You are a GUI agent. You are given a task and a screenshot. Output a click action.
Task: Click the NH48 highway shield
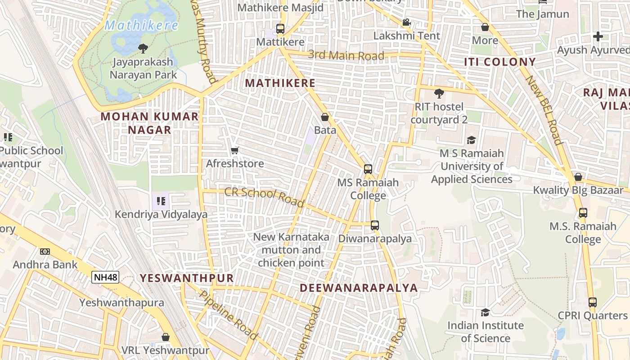tap(106, 277)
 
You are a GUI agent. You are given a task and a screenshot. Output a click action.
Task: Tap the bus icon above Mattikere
tap(280, 29)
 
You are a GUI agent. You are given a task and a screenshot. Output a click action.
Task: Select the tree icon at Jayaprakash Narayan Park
tap(143, 48)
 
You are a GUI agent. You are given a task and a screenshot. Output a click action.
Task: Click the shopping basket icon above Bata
tap(325, 117)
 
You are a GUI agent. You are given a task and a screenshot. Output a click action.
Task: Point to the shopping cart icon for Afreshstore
tap(234, 151)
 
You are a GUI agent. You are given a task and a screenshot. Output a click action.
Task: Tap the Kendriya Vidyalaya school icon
tap(161, 201)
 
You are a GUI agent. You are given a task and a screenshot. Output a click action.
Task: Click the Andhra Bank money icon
tap(45, 252)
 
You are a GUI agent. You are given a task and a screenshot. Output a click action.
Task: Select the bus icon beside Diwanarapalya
tap(375, 225)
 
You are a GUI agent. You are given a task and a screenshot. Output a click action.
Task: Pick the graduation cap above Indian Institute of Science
tap(485, 312)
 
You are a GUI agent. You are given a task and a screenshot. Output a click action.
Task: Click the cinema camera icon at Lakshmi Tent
tap(406, 22)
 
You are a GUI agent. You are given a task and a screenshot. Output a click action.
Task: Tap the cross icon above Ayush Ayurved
tap(598, 36)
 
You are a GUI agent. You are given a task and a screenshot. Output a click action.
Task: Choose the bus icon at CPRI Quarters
tap(593, 302)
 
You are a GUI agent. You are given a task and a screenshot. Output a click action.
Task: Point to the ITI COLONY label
tap(500, 62)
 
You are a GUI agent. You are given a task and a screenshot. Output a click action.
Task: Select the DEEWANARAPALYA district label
tap(359, 288)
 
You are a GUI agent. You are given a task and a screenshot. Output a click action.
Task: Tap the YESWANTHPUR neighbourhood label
tap(187, 278)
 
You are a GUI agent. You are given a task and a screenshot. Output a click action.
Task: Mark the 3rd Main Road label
tap(346, 55)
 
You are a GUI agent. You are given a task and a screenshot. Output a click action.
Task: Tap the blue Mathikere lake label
tap(141, 26)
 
